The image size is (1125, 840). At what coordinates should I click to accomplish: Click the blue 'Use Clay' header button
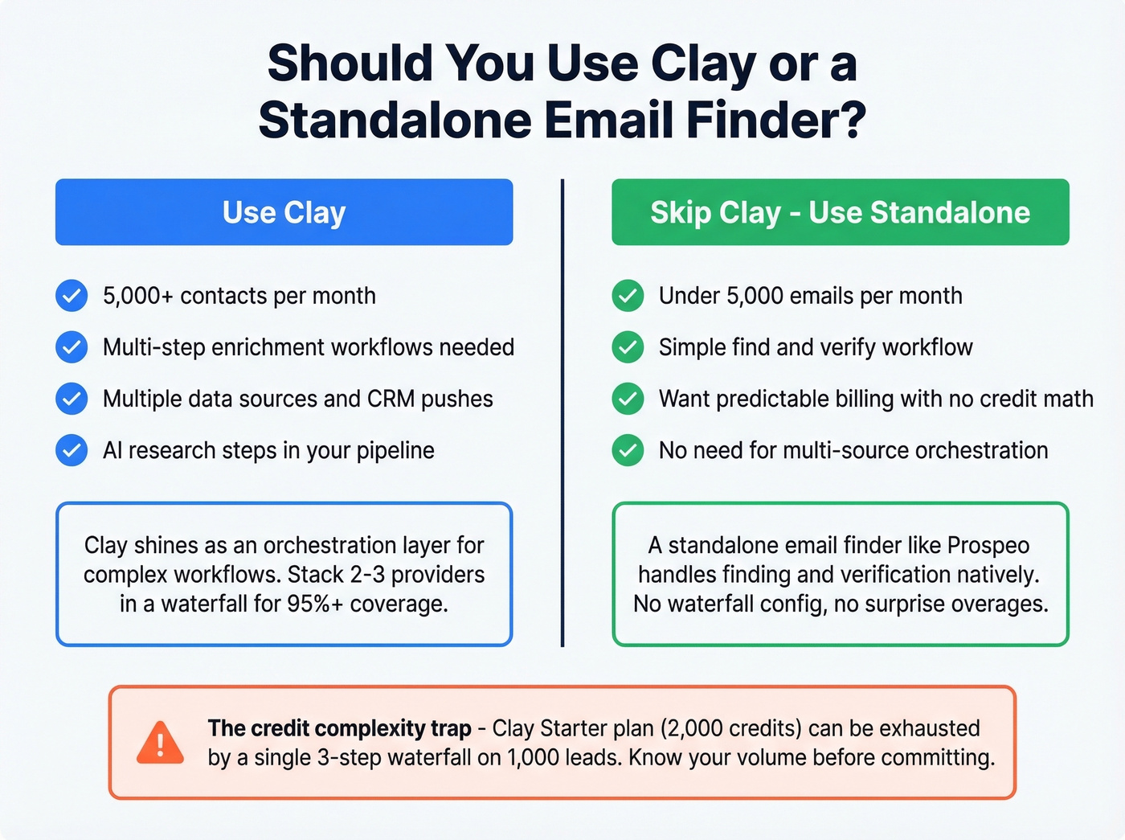click(x=284, y=212)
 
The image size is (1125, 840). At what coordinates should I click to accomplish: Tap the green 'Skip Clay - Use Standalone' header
click(x=840, y=212)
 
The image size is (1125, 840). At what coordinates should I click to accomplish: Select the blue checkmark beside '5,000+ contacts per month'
click(x=72, y=296)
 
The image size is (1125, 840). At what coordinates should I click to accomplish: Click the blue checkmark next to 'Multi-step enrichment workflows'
click(x=72, y=347)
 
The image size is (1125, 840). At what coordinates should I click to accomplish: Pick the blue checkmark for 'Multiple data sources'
click(x=72, y=399)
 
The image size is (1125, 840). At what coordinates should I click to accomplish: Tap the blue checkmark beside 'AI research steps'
click(x=72, y=450)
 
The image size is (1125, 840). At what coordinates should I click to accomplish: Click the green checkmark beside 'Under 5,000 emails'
click(x=628, y=296)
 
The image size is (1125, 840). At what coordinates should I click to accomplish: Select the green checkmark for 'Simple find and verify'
click(x=628, y=347)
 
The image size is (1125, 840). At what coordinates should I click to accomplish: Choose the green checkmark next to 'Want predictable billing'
click(x=628, y=399)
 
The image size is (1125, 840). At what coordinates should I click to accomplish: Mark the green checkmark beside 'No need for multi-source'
click(x=628, y=450)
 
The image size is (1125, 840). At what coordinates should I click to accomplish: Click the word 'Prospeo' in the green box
click(x=988, y=546)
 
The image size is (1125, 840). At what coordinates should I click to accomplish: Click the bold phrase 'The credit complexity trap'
click(x=339, y=728)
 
